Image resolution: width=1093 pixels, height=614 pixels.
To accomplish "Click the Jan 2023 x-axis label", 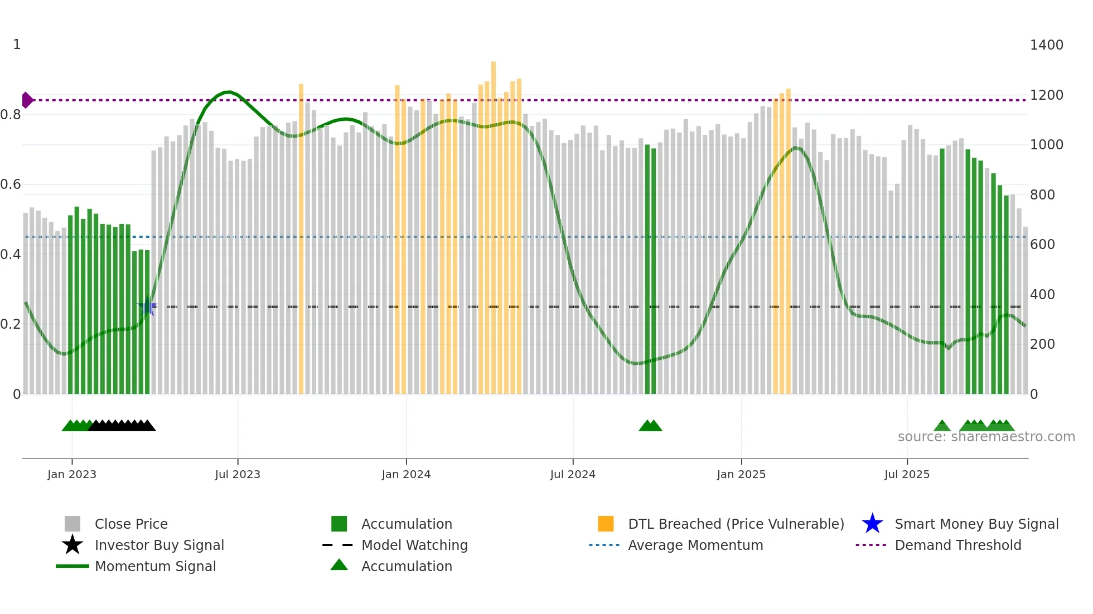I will [x=71, y=474].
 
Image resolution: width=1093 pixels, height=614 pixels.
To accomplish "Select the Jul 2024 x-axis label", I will [x=573, y=474].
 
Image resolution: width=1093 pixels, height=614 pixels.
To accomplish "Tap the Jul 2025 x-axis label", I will [x=907, y=474].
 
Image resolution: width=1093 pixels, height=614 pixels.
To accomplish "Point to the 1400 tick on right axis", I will [x=1046, y=45].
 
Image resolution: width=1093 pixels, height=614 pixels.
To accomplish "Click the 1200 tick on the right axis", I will [x=1046, y=95].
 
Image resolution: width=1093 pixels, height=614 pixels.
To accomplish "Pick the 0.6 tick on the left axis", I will [x=11, y=184].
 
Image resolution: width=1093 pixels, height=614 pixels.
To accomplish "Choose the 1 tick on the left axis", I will [x=17, y=45].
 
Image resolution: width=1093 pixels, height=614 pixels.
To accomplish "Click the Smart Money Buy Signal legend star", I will [x=872, y=524].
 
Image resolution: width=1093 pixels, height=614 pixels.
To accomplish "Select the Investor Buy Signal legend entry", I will [x=159, y=545].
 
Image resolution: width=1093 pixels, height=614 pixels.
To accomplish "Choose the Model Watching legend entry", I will [x=414, y=545].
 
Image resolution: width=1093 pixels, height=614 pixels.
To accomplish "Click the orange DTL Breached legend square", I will [x=606, y=524].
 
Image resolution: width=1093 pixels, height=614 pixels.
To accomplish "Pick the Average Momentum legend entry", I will [x=695, y=545].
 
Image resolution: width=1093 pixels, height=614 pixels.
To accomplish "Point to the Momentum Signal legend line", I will [x=72, y=566].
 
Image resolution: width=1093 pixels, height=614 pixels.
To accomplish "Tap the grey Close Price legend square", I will [x=72, y=524].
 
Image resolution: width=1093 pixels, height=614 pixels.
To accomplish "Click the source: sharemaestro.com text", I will [x=986, y=437].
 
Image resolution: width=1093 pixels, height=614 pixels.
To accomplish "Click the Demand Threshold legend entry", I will [x=957, y=545].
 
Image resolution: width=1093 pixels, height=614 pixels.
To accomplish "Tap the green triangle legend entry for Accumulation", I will [x=339, y=566].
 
